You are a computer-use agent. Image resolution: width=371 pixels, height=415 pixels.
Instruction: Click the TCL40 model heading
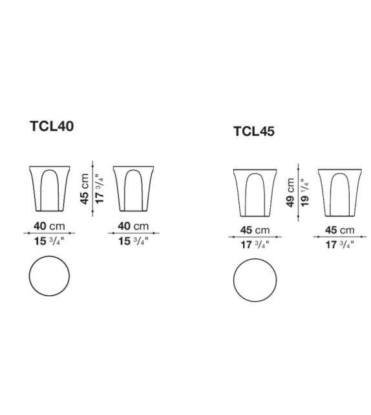(52, 126)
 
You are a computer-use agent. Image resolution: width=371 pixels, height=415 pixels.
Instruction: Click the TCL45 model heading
(254, 131)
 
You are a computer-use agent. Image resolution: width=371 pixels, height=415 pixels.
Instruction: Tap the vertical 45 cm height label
(85, 189)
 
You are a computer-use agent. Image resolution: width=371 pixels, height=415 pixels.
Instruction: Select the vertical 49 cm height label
(290, 193)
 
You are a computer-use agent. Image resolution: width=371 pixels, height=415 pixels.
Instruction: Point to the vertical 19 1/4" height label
(305, 193)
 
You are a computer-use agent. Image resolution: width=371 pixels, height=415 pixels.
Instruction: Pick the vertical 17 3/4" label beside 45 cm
(100, 189)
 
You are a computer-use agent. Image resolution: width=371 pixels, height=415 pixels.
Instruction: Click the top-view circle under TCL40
(49, 276)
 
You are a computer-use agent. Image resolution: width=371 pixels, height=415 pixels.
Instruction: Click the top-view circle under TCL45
(255, 280)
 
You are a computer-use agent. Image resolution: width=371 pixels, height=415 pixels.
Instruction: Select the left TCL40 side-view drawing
(50, 189)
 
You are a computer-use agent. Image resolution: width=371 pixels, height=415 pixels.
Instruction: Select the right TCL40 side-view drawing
(133, 189)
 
